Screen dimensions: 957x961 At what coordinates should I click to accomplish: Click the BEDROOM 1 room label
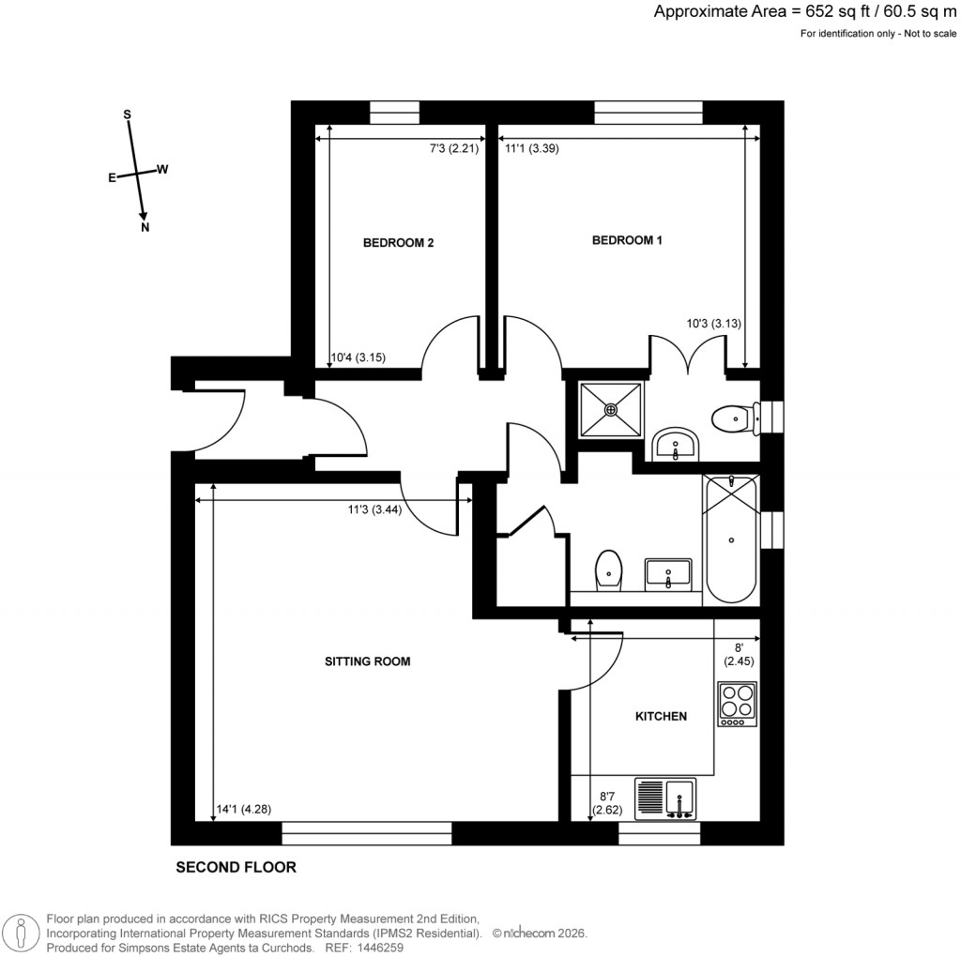(x=627, y=240)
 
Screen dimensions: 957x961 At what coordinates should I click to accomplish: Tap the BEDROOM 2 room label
(x=398, y=243)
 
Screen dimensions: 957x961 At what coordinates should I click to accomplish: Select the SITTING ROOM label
(x=367, y=661)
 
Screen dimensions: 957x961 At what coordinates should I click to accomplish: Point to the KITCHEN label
(x=662, y=716)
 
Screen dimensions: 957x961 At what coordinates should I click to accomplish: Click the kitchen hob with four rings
(x=738, y=704)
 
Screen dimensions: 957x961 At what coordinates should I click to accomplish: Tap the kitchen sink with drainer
(x=666, y=799)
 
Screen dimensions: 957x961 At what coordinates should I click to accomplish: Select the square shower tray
(x=611, y=409)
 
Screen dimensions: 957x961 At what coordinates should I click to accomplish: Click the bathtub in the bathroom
(x=731, y=539)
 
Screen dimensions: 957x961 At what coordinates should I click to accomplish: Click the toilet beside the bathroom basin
(x=608, y=569)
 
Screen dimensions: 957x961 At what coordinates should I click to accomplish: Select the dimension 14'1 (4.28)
(x=243, y=809)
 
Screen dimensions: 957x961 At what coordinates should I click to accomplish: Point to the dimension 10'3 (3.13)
(x=714, y=325)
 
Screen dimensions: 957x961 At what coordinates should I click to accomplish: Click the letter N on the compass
(x=145, y=227)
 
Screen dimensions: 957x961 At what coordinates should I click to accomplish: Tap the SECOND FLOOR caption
(x=236, y=868)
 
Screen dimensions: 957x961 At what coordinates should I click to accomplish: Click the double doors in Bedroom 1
(x=688, y=355)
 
